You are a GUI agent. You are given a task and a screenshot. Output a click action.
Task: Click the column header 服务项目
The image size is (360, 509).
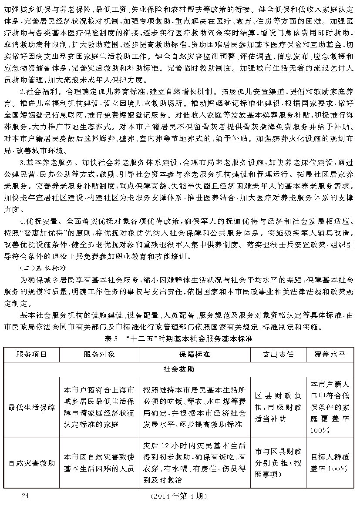click(x=31, y=354)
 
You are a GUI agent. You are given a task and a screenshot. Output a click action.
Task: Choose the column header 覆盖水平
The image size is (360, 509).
click(x=330, y=354)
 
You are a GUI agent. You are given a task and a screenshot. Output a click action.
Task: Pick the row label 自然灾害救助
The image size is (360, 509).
click(x=31, y=463)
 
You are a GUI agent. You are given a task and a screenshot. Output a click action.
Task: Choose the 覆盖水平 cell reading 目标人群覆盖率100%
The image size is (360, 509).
click(x=330, y=463)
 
